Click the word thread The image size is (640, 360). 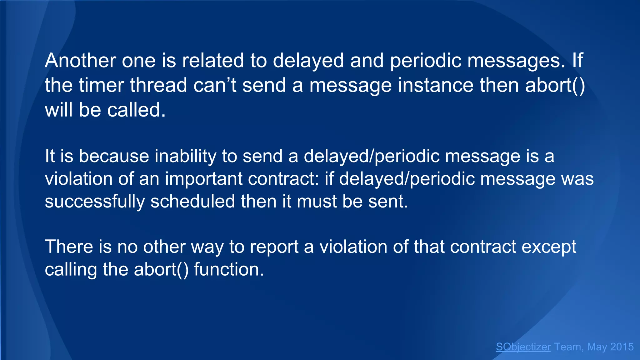coord(158,85)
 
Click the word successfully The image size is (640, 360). coord(95,201)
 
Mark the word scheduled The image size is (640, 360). coord(192,201)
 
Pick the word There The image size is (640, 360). coord(69,247)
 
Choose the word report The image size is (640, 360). coord(274,247)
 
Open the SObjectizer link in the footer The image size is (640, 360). coord(523,347)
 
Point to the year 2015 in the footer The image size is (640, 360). coord(622,347)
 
